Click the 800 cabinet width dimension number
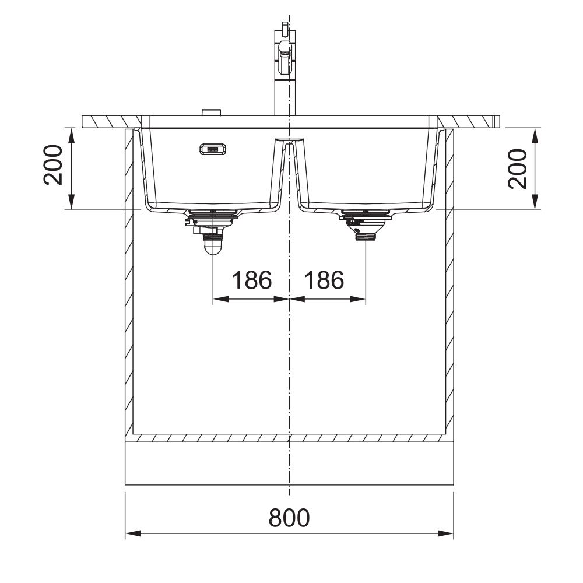[x=289, y=517]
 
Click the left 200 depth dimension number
[x=53, y=165]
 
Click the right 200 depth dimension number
[x=517, y=169]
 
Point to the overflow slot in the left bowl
[x=213, y=149]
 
